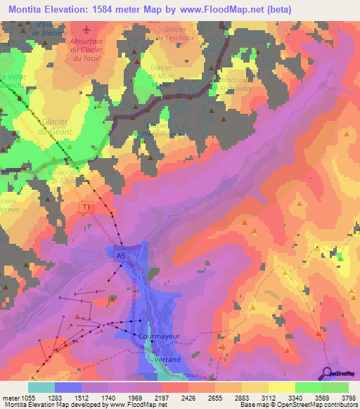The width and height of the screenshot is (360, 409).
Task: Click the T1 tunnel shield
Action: pyautogui.click(x=86, y=207)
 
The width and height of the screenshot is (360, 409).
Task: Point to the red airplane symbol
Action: pyautogui.click(x=86, y=30)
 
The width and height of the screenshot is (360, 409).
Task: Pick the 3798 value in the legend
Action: pyautogui.click(x=349, y=398)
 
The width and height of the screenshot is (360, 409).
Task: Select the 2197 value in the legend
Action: pyautogui.click(x=162, y=398)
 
